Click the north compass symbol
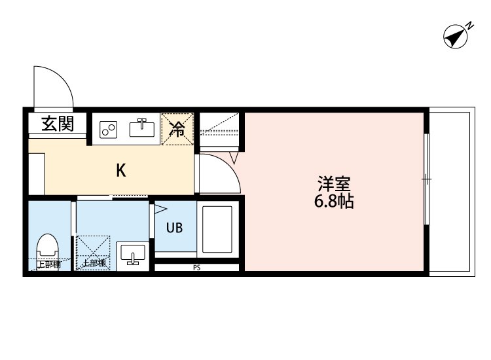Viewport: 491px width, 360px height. (456, 37)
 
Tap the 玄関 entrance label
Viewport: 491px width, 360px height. (57, 124)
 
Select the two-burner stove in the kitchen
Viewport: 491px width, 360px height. (107, 130)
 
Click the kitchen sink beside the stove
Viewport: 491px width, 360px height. (142, 128)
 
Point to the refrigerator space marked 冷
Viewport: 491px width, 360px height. (177, 128)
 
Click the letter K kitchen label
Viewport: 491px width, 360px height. (121, 171)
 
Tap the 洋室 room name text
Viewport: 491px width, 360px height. (332, 183)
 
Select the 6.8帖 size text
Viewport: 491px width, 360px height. (333, 202)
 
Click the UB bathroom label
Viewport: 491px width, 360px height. (174, 228)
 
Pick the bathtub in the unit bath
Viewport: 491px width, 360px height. (217, 230)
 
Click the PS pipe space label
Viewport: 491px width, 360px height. (196, 267)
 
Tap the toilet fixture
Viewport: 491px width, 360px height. (47, 247)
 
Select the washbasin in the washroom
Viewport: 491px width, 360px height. (133, 254)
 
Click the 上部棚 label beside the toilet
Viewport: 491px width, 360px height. (48, 265)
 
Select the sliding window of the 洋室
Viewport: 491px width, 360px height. (426, 179)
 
